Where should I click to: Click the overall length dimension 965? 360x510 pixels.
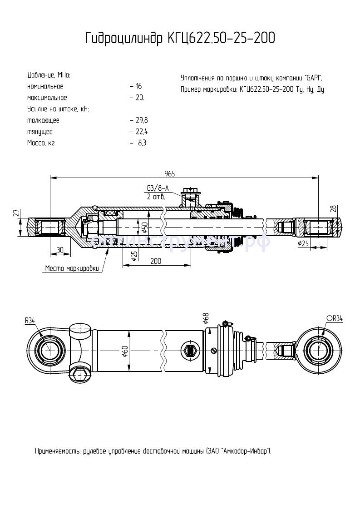pyautogui.click(x=170, y=173)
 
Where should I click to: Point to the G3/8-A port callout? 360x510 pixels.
pyautogui.click(x=157, y=188)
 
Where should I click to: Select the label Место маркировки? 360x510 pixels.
pyautogui.click(x=72, y=268)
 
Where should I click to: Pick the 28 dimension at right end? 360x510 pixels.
pyautogui.click(x=346, y=208)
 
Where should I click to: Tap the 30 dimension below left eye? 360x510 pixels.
pyautogui.click(x=60, y=249)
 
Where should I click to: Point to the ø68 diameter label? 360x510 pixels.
pyautogui.click(x=206, y=318)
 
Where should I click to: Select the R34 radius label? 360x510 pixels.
pyautogui.click(x=30, y=320)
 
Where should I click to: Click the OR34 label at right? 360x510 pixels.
pyautogui.click(x=334, y=319)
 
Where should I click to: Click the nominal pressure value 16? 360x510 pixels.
pyautogui.click(x=139, y=86)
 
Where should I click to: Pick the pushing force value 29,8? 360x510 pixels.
pyautogui.click(x=142, y=120)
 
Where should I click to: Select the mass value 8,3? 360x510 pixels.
pyautogui.click(x=142, y=143)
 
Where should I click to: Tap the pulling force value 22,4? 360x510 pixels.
pyautogui.click(x=142, y=132)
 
